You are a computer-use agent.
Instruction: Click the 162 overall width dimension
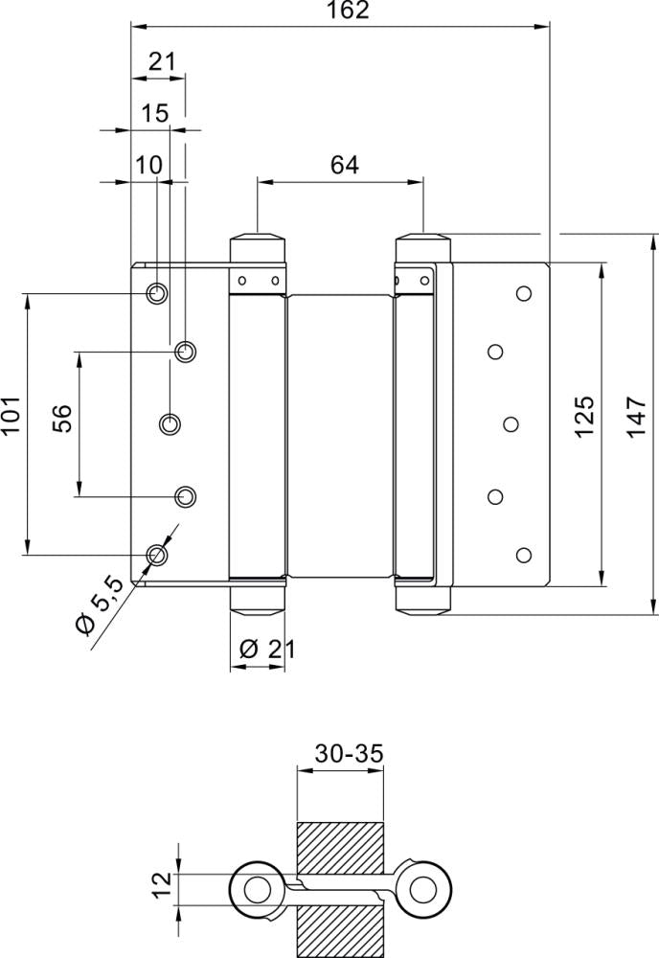point(347,11)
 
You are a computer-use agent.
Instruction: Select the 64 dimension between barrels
point(344,165)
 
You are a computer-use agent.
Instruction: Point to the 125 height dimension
point(585,417)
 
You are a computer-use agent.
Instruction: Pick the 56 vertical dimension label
point(61,419)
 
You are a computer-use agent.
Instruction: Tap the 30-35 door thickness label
point(350,754)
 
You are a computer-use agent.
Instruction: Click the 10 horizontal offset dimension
point(148,165)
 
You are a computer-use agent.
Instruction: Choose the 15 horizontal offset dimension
point(155,114)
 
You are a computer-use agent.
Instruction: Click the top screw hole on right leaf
point(523,293)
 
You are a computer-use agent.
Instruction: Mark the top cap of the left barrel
point(259,243)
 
